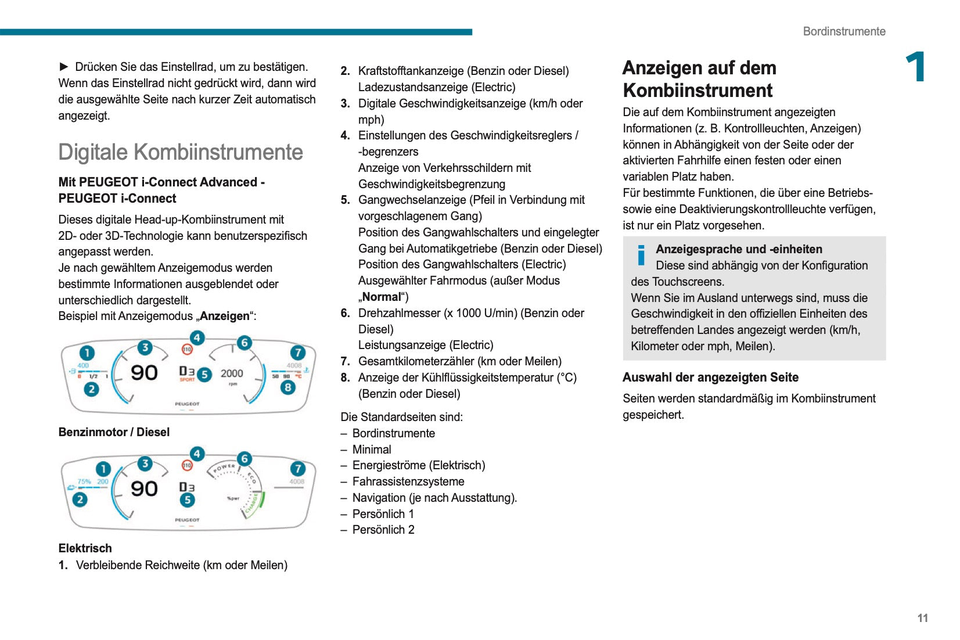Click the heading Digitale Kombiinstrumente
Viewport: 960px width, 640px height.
click(181, 152)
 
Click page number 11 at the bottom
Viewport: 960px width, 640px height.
click(922, 618)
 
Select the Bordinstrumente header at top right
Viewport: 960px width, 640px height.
click(844, 31)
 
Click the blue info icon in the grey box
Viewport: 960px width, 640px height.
click(641, 255)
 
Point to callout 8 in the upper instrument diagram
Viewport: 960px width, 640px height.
click(287, 387)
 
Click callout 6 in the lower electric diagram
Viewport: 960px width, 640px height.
click(245, 459)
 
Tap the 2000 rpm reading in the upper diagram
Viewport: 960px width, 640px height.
click(232, 373)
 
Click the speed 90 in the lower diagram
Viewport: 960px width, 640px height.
click(144, 488)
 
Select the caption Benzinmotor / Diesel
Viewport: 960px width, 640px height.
click(114, 432)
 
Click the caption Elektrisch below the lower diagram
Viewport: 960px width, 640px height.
click(85, 548)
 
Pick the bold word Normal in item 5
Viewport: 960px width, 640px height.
click(382, 297)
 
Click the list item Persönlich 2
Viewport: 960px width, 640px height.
click(383, 530)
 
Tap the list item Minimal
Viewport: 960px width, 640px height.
click(372, 450)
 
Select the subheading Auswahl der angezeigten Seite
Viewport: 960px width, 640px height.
click(710, 377)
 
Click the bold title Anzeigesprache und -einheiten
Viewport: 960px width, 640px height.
click(739, 249)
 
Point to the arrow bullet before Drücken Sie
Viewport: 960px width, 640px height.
click(64, 67)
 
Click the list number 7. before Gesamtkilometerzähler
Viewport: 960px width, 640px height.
click(345, 361)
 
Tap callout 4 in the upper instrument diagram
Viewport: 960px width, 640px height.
click(197, 337)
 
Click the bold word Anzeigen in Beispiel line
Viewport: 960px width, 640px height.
click(225, 316)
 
